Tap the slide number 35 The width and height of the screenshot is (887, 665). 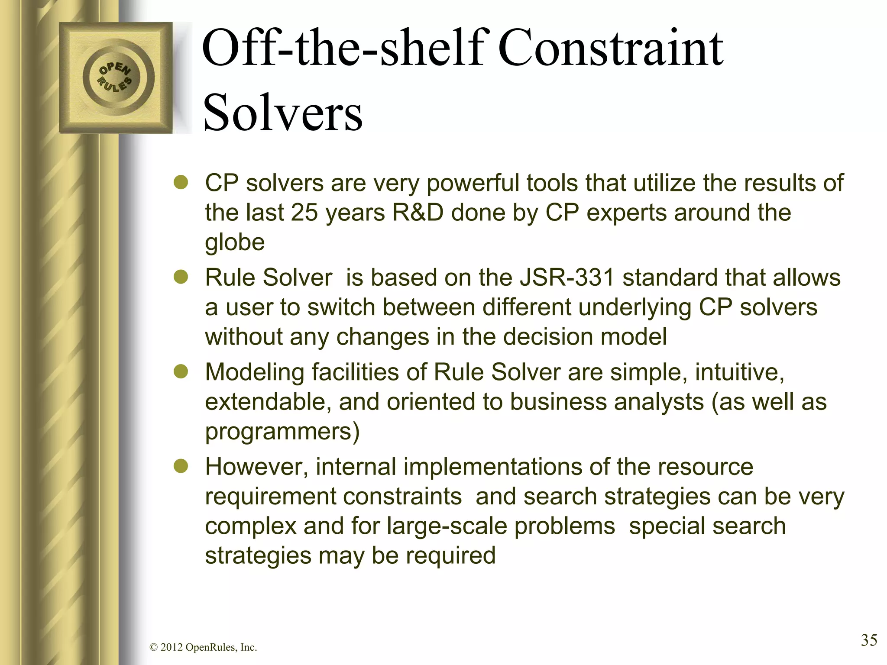(868, 640)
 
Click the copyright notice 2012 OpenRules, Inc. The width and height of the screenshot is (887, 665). (203, 648)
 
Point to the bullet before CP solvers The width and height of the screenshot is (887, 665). (181, 183)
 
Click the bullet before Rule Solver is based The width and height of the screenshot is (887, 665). (181, 277)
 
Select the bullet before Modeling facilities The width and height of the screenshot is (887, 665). (181, 372)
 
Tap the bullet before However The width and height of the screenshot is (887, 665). (181, 466)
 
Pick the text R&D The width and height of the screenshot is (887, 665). (418, 213)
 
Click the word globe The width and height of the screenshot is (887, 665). (234, 242)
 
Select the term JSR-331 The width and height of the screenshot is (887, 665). (567, 278)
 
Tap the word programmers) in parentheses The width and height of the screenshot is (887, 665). (282, 432)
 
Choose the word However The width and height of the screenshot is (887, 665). (257, 467)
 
